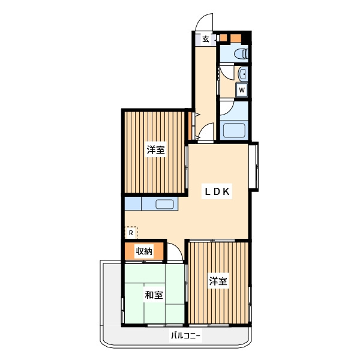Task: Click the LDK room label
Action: [217, 191]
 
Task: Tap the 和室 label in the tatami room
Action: [154, 295]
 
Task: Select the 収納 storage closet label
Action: [144, 251]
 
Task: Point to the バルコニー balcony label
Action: [185, 336]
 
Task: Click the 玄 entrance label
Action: [206, 39]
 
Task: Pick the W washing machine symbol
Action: [242, 90]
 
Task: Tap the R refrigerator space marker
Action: [131, 233]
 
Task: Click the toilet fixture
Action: [241, 55]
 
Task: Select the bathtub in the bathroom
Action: [234, 130]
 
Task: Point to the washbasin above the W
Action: [242, 74]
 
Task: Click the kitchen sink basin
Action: [164, 204]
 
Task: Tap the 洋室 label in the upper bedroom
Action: [156, 149]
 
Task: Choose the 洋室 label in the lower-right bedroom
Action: [218, 281]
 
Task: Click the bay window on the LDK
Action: [253, 167]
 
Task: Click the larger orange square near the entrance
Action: [236, 38]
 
